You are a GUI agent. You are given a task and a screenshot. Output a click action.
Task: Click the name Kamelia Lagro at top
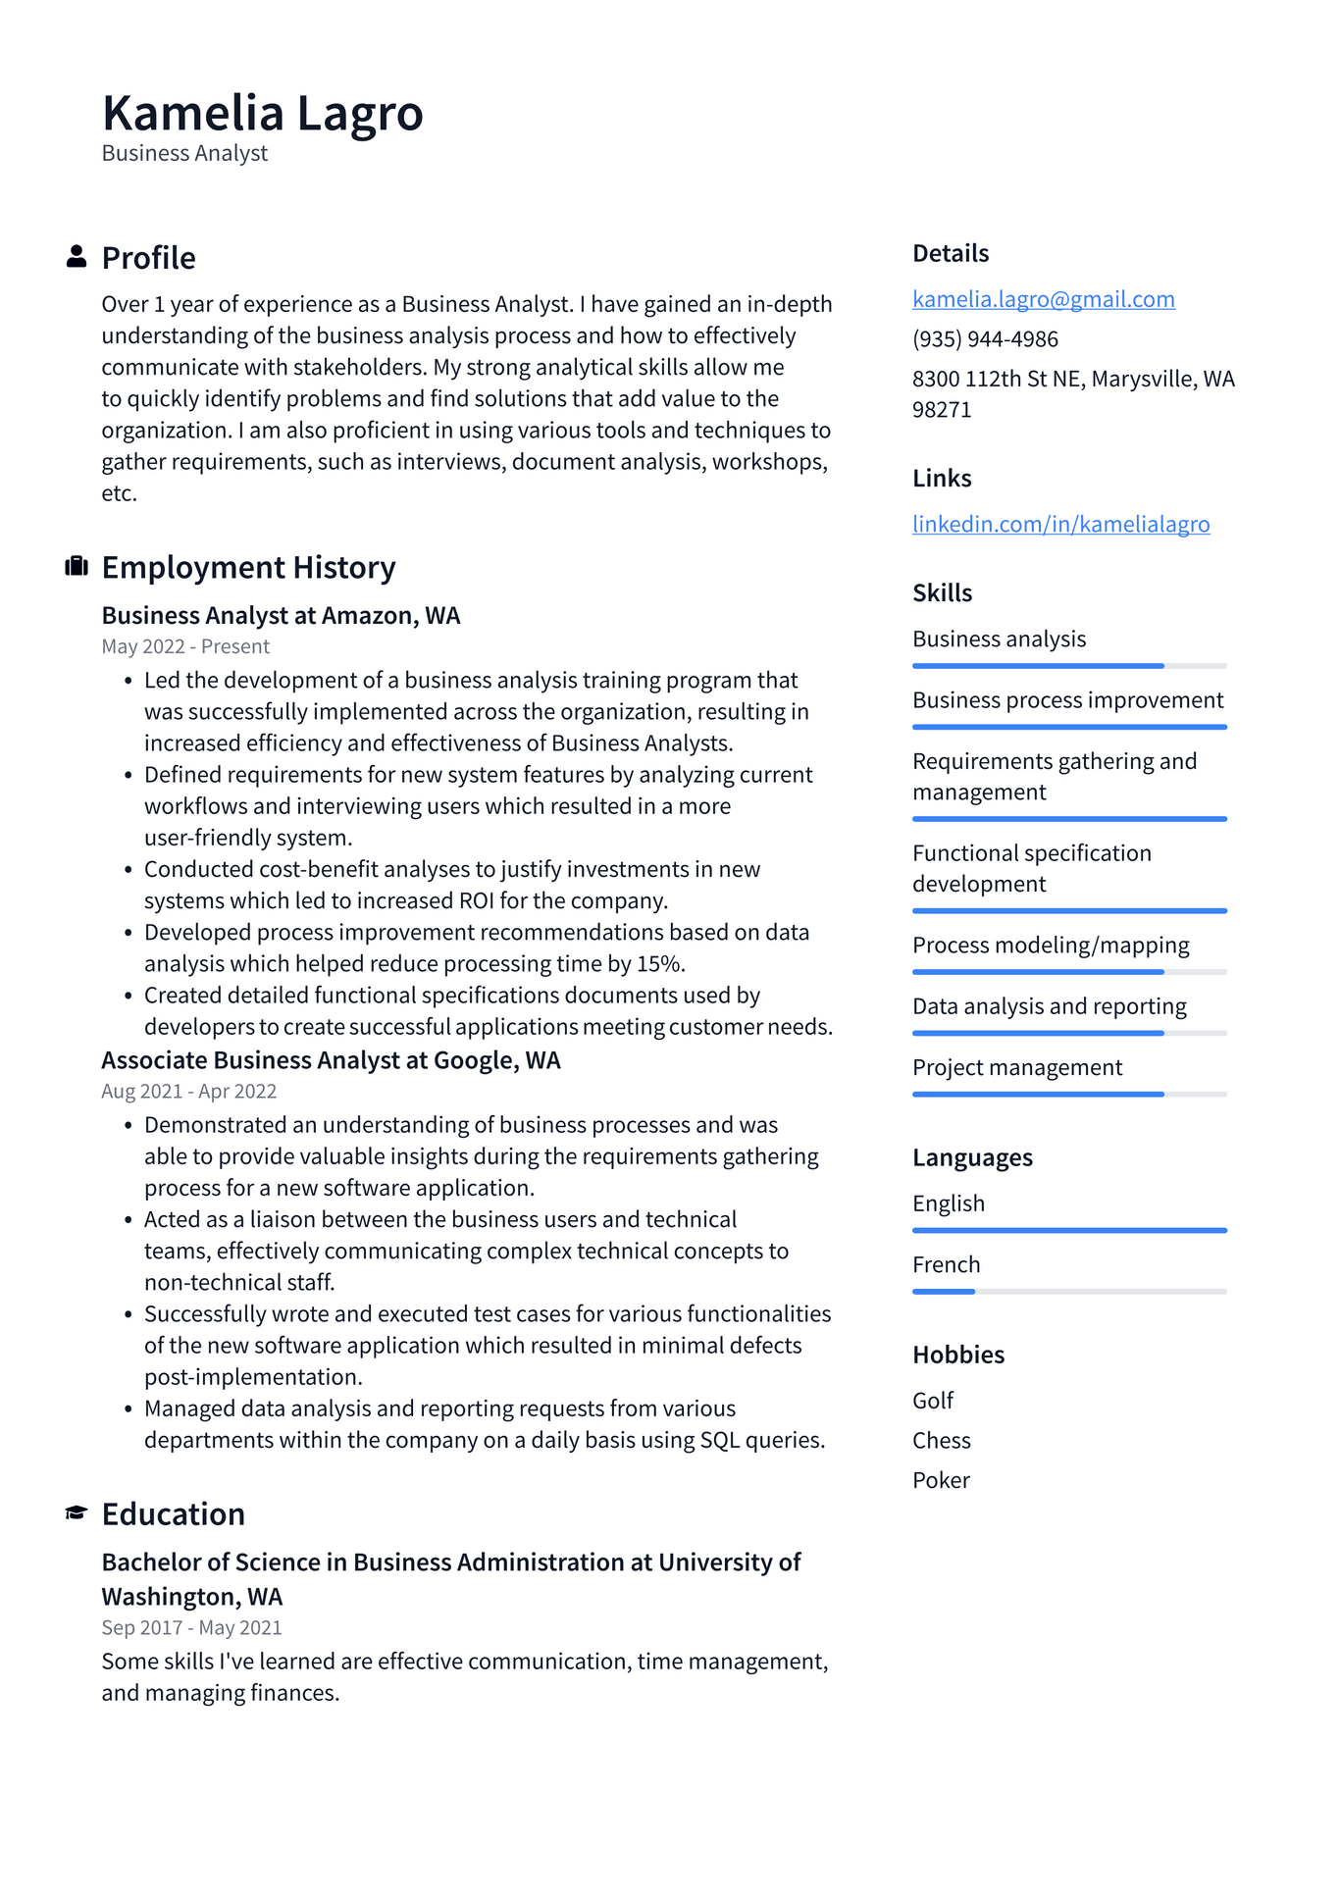[262, 113]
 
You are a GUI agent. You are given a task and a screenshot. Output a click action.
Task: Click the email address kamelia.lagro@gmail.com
[1043, 299]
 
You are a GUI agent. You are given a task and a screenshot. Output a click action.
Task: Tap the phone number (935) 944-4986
[985, 339]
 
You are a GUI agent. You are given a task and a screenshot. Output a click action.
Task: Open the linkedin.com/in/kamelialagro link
[1060, 525]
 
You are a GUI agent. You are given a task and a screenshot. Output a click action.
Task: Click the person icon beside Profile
[76, 257]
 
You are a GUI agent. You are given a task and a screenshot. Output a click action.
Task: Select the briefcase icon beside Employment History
[76, 567]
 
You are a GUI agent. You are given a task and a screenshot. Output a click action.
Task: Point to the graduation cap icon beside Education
[76, 1513]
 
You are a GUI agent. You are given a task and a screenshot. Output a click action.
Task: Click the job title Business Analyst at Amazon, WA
[281, 616]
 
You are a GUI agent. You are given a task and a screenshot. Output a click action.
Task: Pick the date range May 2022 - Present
[185, 647]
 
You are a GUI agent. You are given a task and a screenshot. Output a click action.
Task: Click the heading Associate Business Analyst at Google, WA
[331, 1060]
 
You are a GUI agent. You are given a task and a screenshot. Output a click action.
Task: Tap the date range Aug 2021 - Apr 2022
[188, 1092]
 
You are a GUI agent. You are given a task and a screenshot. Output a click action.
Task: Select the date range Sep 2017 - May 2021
[191, 1628]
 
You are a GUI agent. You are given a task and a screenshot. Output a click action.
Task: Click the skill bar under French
[1068, 1292]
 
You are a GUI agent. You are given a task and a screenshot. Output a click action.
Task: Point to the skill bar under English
[1068, 1230]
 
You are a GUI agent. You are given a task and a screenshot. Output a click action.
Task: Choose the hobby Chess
[941, 1441]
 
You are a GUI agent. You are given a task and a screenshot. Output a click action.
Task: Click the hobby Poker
[941, 1481]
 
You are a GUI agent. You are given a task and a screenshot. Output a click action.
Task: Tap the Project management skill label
[1016, 1068]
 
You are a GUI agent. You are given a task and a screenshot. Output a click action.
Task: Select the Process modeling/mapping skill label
[1050, 946]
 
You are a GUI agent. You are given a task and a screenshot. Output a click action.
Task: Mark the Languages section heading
[971, 1158]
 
